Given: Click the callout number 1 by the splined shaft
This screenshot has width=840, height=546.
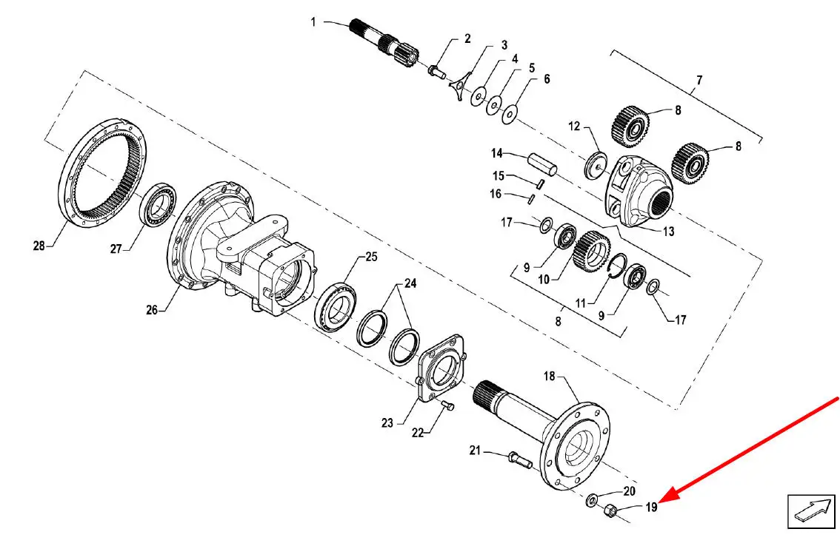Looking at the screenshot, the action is (313, 22).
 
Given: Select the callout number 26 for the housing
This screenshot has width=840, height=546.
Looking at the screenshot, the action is (152, 310).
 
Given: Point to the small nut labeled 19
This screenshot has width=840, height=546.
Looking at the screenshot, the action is (609, 510).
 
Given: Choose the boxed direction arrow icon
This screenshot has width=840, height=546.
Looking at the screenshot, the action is (810, 512).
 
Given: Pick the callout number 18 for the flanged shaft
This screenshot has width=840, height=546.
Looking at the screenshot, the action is (550, 377).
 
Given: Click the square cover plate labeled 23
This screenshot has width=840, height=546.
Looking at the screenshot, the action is (441, 369).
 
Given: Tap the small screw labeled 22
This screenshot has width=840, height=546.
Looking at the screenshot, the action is (448, 405).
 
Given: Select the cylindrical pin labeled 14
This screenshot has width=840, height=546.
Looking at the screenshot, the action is (542, 164).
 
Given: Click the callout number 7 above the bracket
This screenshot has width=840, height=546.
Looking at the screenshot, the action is (699, 81).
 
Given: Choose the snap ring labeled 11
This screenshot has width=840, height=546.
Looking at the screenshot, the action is (617, 266).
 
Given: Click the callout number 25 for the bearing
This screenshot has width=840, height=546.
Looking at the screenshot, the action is (371, 257).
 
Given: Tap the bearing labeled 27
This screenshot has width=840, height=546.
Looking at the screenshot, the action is (159, 204).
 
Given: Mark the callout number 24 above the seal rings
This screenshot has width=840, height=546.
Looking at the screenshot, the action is (410, 283).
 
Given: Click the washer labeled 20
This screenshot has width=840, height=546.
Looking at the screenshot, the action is (593, 500).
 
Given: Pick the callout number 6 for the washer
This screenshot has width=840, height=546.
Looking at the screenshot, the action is (547, 78).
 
